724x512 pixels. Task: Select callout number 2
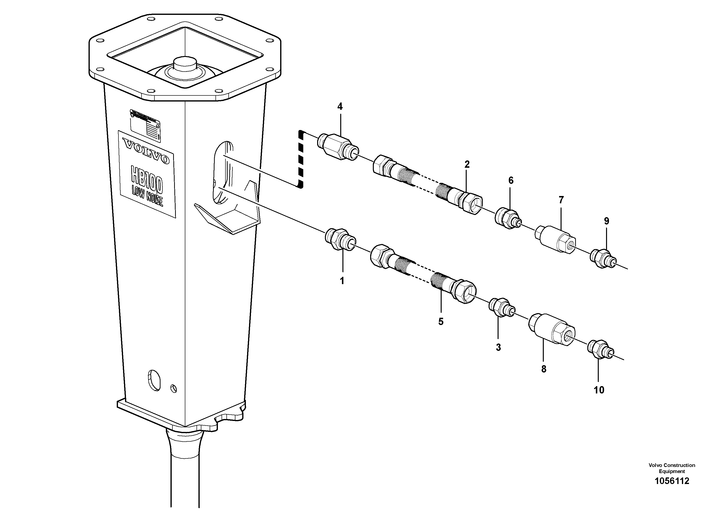[x=467, y=164]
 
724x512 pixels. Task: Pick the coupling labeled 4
[x=337, y=147]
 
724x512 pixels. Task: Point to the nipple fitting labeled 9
[x=602, y=259]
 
